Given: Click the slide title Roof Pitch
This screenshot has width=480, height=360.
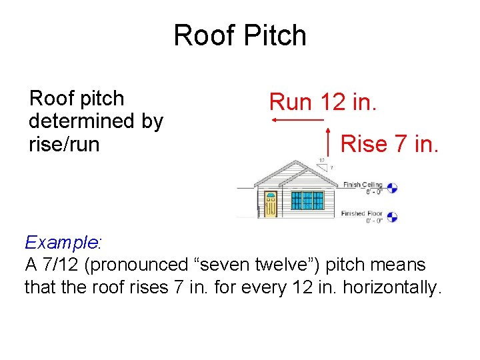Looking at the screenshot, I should coord(240,35).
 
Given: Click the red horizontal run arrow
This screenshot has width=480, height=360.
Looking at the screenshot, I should coord(297,120).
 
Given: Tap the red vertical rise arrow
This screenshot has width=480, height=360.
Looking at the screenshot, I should coord(329,144).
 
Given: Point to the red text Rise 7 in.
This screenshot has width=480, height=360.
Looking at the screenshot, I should coord(389,143).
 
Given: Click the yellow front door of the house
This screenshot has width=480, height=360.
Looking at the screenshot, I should coord(270,204).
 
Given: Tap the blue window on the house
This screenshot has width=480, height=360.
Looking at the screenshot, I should coord(307,200).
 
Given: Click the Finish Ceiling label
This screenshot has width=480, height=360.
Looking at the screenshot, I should coord(362,185).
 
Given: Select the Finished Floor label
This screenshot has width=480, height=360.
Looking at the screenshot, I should coord(362,214).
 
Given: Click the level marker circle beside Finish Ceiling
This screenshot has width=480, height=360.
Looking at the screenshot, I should coord(392,188).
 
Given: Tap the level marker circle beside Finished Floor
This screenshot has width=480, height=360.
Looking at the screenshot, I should coord(392,217).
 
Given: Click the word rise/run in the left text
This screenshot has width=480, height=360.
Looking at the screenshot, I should coord(64,144).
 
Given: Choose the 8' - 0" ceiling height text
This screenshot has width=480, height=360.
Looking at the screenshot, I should coord(371,192).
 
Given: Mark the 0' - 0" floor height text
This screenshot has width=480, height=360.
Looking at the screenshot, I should coord(371,221).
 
